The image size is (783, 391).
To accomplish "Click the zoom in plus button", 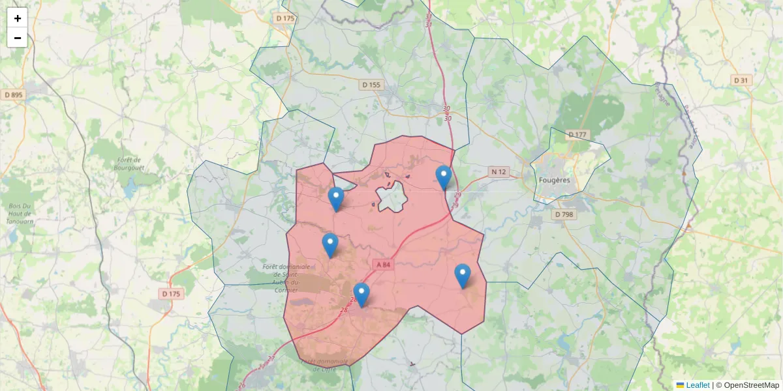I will [x=18, y=18].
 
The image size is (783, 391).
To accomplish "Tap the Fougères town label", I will [x=555, y=180].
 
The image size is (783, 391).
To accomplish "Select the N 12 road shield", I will [x=499, y=172].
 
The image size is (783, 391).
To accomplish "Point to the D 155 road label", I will [x=371, y=85].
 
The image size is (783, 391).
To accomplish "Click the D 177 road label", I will [x=577, y=135].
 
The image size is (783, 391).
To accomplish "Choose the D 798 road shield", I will [x=564, y=214].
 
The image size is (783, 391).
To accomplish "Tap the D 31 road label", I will [x=741, y=80].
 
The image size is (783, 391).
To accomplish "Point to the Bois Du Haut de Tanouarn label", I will [x=20, y=214].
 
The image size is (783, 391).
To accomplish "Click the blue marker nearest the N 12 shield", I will [x=444, y=177].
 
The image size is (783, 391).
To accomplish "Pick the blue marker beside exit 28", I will [x=361, y=294].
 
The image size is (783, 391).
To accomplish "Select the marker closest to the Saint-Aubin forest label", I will [x=330, y=244].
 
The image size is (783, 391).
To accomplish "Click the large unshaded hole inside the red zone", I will [x=391, y=196].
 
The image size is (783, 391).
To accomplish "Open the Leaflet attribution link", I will [x=698, y=385].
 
